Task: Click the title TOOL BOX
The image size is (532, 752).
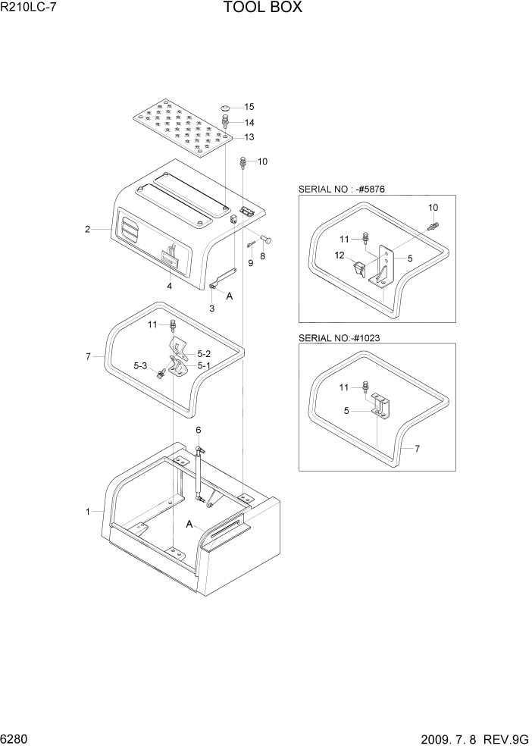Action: (263, 8)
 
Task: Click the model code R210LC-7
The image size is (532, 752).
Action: (30, 8)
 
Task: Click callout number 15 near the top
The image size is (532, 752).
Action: (249, 107)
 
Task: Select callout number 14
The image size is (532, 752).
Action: (249, 123)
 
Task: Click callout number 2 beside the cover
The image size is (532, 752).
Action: (88, 229)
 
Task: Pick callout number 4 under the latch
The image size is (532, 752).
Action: (169, 286)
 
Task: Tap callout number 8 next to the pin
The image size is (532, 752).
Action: (263, 257)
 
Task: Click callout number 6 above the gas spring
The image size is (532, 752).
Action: (199, 430)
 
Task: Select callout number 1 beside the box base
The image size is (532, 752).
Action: (88, 512)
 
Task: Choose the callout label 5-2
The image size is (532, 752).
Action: (205, 353)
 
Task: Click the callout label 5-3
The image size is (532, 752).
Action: (139, 366)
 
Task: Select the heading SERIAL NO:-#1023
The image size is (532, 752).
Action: (341, 337)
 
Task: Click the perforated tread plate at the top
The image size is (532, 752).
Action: (182, 124)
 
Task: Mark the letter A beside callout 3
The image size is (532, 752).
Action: (229, 296)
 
